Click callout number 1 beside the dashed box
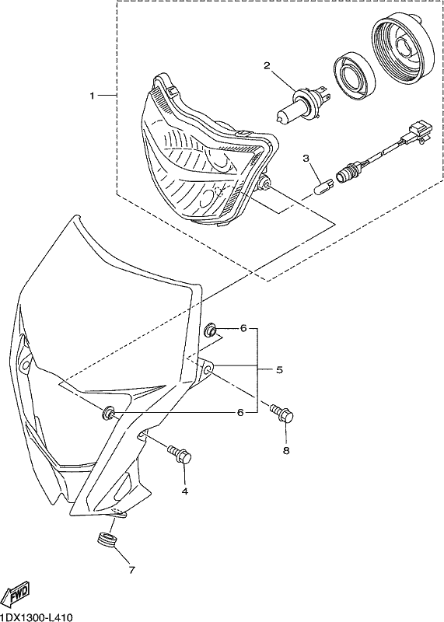click(92, 96)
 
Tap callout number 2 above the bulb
click(267, 66)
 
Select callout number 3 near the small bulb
click(306, 159)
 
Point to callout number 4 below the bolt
click(184, 491)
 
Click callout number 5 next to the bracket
click(279, 370)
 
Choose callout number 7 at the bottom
click(131, 571)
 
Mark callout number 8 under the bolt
click(286, 450)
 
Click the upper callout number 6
click(243, 328)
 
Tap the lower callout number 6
click(240, 413)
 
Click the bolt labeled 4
click(180, 454)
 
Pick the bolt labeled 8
click(282, 414)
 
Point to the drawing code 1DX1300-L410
click(37, 617)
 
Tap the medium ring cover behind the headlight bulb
click(355, 75)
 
